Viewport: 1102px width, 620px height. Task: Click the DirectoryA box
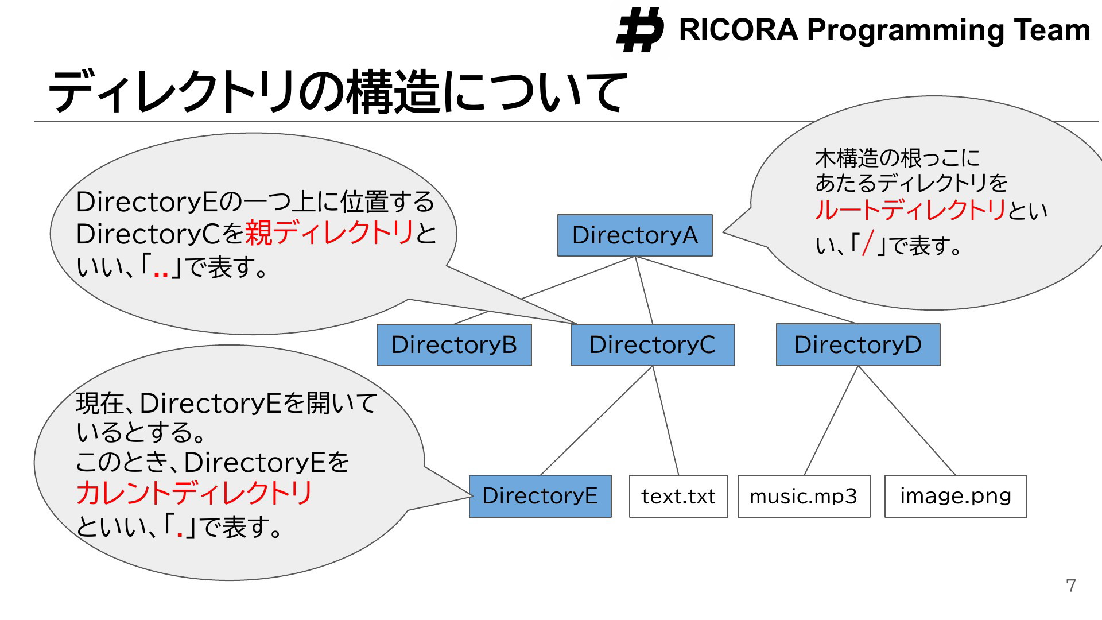[635, 235]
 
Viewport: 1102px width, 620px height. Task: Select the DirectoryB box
[454, 345]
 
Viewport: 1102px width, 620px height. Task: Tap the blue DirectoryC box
[653, 345]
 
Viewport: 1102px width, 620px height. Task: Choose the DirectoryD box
[858, 345]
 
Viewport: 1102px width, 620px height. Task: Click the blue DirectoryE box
[540, 496]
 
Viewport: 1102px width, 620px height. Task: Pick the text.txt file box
[678, 496]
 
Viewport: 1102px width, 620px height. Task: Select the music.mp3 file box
[804, 496]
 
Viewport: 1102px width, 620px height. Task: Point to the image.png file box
[956, 496]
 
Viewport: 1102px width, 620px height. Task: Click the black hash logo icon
[640, 30]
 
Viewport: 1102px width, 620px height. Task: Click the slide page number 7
[1071, 586]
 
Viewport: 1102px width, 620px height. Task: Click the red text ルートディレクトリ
[911, 210]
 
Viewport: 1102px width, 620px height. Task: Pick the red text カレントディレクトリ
[195, 493]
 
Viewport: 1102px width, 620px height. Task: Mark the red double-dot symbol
[161, 274]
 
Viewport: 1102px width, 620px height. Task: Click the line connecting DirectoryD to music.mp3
[831, 421]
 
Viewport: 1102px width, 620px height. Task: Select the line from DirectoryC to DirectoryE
[597, 421]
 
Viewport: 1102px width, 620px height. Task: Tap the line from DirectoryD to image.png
[907, 421]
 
